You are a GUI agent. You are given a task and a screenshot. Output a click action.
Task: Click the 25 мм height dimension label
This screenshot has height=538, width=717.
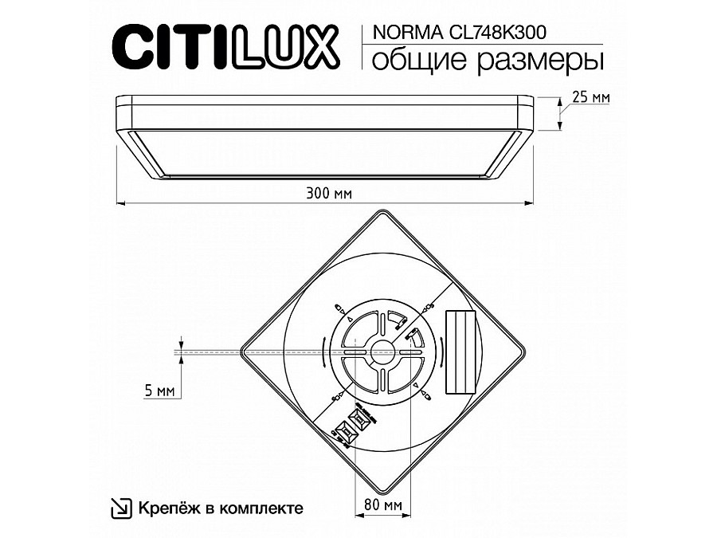591,97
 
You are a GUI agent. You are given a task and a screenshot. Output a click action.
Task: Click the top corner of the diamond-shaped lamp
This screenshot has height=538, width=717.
381,211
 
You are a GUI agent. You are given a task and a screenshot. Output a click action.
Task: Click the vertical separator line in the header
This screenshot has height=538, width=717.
363,46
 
